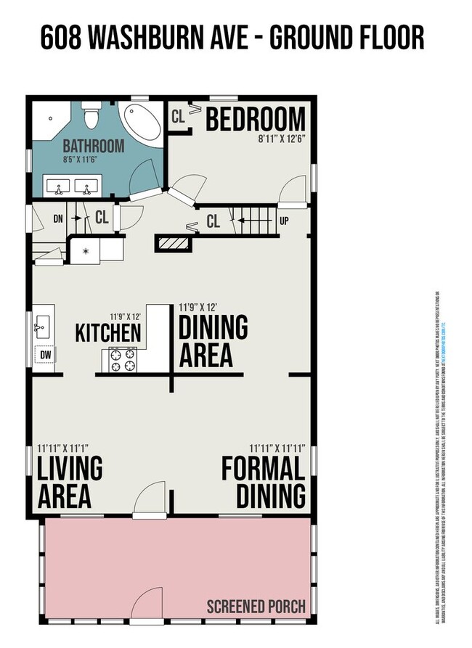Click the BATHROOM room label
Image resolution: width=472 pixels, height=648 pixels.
(93, 146)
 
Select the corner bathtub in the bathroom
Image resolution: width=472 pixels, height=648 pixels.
(142, 123)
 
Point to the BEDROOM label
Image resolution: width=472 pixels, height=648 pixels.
(255, 119)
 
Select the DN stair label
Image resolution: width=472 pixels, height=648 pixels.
(60, 216)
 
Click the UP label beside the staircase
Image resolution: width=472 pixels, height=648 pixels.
(284, 221)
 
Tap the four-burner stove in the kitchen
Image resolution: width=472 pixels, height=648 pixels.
(123, 358)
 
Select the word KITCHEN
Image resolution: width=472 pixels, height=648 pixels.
(108, 334)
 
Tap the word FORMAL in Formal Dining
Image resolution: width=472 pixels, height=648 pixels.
(263, 468)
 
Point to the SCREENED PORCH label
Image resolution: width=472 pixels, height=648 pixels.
(256, 606)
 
